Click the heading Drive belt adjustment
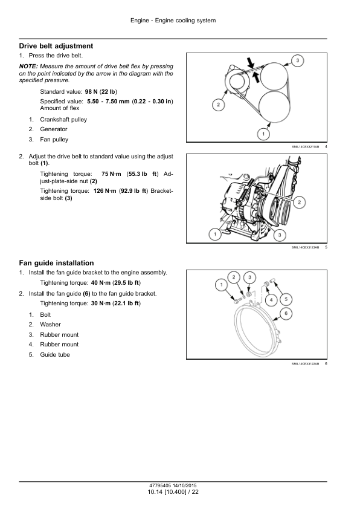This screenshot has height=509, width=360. click(56, 46)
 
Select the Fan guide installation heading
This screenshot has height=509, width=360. click(56, 263)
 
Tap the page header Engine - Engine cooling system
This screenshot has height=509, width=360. click(173, 21)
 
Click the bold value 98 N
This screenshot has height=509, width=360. click(91, 92)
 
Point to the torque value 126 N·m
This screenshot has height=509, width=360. click(104, 191)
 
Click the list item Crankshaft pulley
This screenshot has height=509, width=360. click(63, 120)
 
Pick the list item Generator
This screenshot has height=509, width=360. click(54, 129)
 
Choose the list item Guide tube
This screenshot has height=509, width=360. click(55, 355)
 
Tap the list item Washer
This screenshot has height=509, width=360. click(50, 325)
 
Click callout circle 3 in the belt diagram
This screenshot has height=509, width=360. click(297, 60)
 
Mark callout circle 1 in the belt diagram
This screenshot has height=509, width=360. click(263, 134)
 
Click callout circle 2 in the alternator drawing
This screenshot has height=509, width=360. click(299, 203)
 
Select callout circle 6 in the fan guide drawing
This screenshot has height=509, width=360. click(286, 314)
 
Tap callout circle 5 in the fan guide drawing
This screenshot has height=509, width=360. click(286, 299)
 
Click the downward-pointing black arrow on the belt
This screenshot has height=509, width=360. click(250, 63)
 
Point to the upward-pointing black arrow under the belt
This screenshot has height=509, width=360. click(256, 77)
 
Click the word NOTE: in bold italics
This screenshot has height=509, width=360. click(28, 66)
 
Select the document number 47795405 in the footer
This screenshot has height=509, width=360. click(160, 485)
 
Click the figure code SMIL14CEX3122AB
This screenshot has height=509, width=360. click(305, 364)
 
